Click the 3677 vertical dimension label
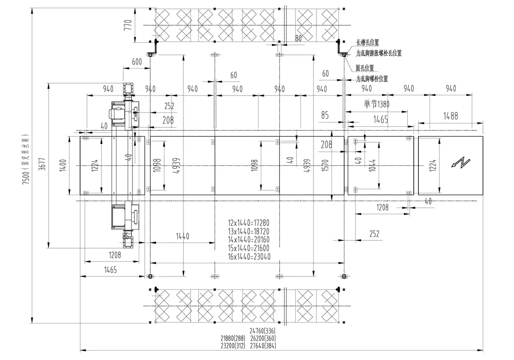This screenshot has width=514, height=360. (42, 165)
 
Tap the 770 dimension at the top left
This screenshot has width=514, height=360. (127, 25)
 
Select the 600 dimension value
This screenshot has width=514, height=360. (137, 62)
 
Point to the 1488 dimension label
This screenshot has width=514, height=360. (450, 116)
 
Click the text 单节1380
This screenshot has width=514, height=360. (377, 104)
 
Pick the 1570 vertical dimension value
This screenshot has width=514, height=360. (327, 165)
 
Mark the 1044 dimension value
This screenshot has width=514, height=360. (372, 165)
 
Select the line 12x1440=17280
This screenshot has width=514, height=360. (249, 223)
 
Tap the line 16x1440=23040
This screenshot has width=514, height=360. (249, 257)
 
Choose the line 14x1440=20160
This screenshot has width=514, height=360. (249, 240)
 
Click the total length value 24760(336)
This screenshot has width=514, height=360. (263, 331)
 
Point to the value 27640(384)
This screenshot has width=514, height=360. (263, 345)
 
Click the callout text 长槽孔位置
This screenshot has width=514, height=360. (368, 43)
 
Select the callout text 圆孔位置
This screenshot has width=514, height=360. (365, 68)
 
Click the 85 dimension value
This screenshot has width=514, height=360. (324, 115)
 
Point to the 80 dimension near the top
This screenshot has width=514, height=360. (298, 38)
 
